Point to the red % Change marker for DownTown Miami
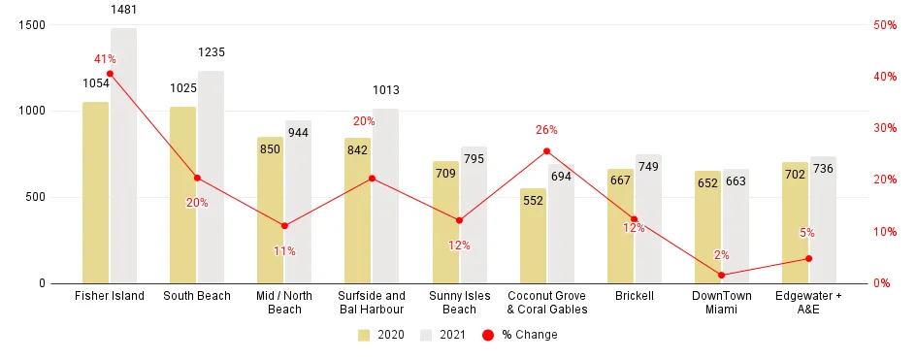point(721,275)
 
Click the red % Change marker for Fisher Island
point(110,74)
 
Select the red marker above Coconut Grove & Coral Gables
point(546,151)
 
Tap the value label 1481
point(124,9)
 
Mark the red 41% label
point(105,59)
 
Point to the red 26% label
point(546,130)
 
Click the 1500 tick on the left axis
point(32,25)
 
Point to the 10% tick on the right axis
point(883,232)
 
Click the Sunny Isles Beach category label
point(459,302)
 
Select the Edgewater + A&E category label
point(808,302)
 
